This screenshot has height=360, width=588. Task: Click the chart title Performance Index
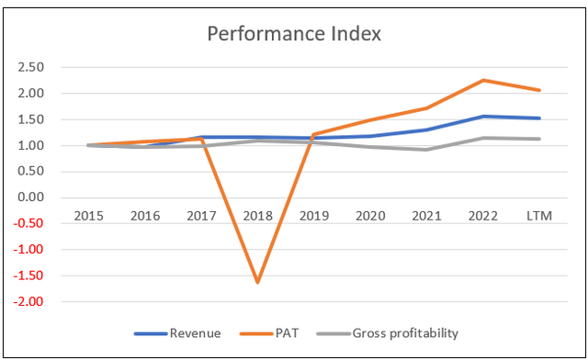(293, 35)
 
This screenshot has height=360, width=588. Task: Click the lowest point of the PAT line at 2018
(258, 282)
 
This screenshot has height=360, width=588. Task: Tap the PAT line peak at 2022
(483, 80)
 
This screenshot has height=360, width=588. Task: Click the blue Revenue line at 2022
(483, 117)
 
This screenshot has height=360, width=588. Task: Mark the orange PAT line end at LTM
(539, 90)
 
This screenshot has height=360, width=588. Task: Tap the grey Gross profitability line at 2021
(427, 150)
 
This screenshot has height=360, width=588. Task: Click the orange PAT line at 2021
(427, 108)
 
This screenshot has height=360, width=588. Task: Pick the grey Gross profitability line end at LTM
(539, 139)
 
